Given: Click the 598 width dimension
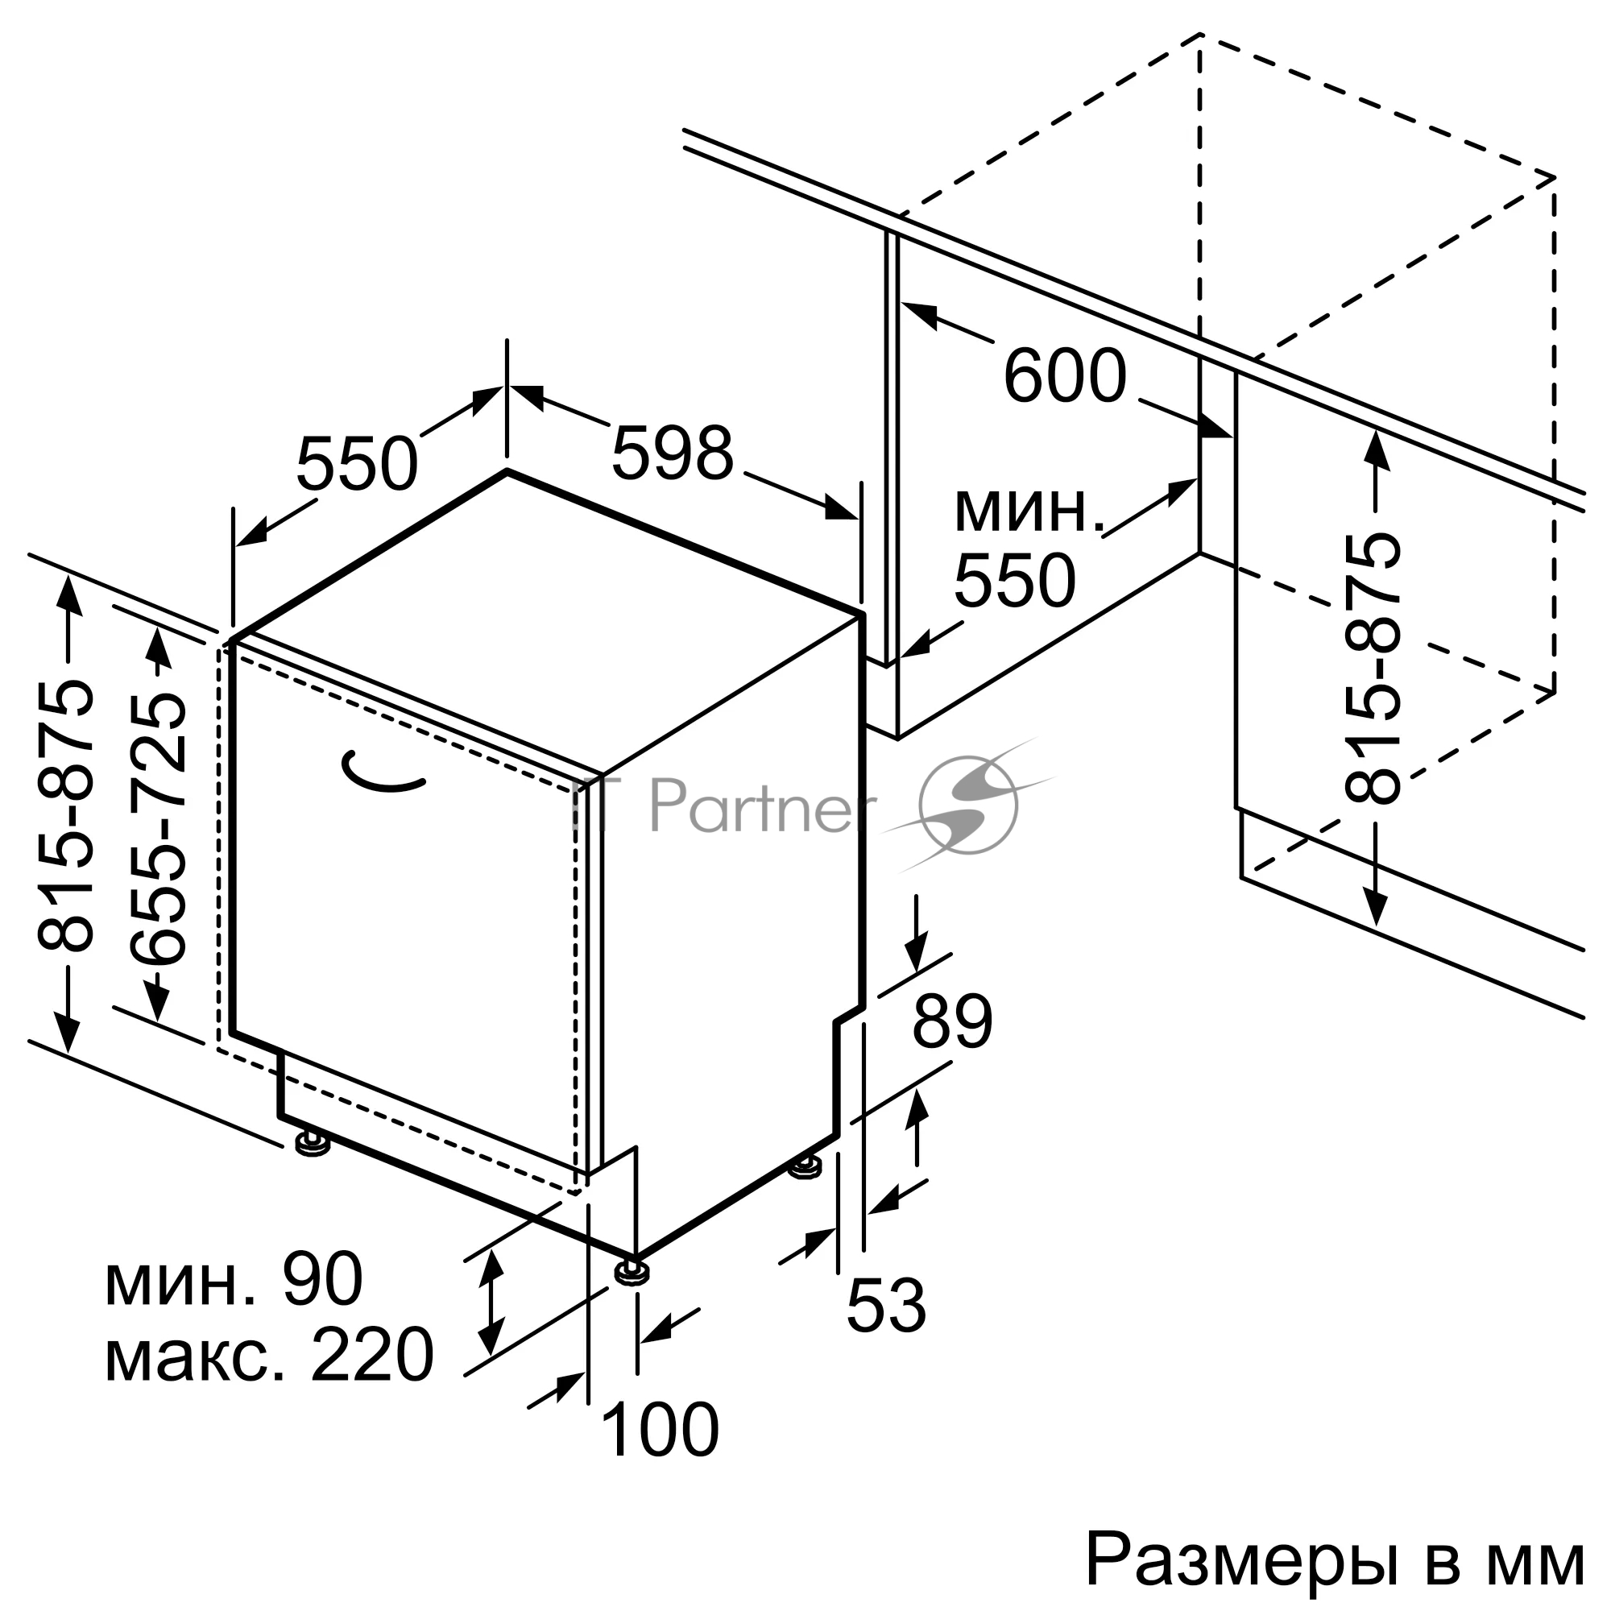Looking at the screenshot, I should [x=672, y=453].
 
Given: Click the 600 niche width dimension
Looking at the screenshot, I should [x=1065, y=376].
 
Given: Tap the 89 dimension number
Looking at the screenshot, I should [x=952, y=1021].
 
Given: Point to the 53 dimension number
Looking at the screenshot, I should [x=885, y=1305].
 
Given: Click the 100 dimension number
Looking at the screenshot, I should [x=659, y=1430].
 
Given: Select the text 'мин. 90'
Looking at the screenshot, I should [x=234, y=1280].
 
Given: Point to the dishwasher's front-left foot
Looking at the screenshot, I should [x=312, y=1143].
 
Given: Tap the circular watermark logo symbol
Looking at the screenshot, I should [x=967, y=805].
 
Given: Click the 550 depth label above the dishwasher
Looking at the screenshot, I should [x=356, y=465].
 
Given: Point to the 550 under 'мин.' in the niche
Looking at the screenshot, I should [x=1014, y=580].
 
